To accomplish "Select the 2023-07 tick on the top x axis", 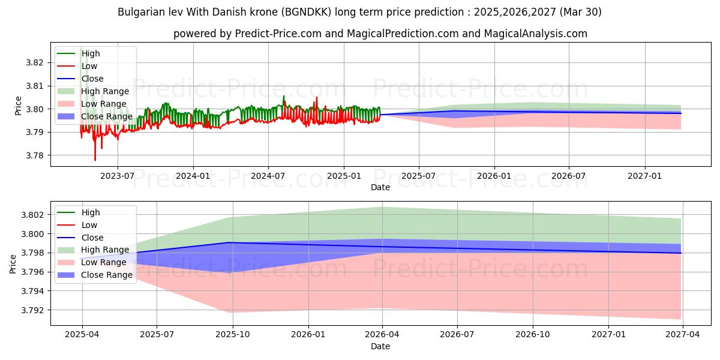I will (117, 176).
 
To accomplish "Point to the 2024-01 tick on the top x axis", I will (193, 176).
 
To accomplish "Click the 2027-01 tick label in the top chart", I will (645, 176).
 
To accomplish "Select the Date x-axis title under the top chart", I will (380, 187).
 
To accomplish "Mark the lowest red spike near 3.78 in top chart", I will (95, 160).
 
